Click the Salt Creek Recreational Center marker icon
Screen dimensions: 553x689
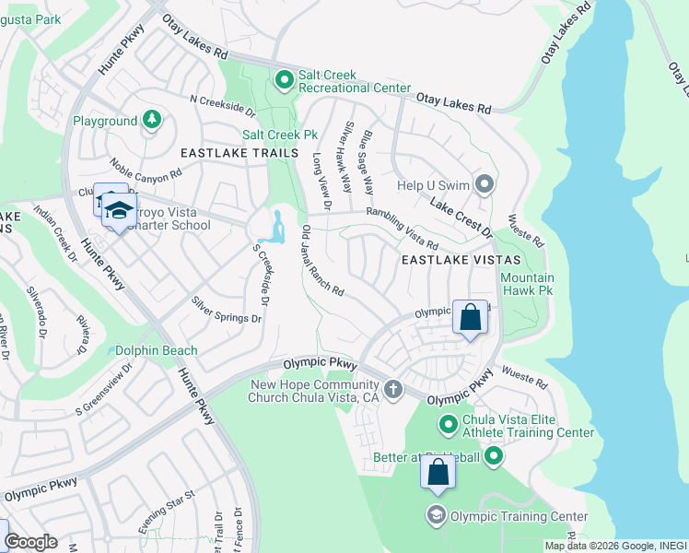click(x=285, y=81)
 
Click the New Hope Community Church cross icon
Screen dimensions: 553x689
click(x=393, y=389)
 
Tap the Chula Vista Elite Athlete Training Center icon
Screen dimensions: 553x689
click(x=449, y=424)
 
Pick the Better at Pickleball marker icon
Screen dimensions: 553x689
click(x=494, y=455)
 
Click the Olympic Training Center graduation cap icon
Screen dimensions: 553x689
click(x=437, y=514)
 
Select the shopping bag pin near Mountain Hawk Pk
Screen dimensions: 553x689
click(x=470, y=318)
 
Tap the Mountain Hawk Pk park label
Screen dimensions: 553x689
click(x=527, y=283)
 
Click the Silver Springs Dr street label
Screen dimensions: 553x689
click(x=227, y=310)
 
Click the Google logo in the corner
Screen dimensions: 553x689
click(x=30, y=542)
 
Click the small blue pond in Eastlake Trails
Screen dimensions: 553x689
click(x=275, y=228)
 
